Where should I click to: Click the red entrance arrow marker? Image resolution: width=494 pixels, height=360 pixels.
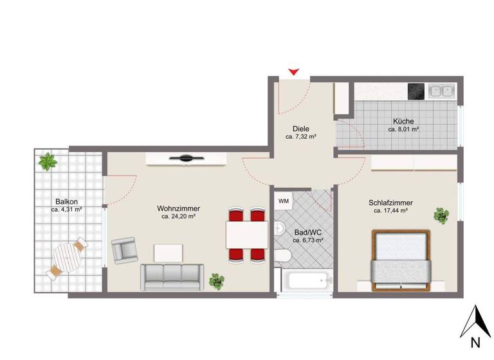click(x=294, y=71)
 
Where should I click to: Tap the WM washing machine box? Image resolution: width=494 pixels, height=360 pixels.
click(x=283, y=201)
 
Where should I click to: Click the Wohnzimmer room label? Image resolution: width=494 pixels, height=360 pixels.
click(x=178, y=209)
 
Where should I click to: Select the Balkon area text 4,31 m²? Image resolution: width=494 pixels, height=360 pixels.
click(x=68, y=210)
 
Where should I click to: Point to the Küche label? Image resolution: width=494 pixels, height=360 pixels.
click(x=403, y=121)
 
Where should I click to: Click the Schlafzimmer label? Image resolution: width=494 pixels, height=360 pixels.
click(x=390, y=203)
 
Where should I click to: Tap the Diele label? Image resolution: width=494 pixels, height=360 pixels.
click(x=300, y=129)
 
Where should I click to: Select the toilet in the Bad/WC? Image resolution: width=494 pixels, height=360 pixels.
click(x=282, y=256)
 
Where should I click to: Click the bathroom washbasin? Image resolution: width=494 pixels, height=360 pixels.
click(x=279, y=228)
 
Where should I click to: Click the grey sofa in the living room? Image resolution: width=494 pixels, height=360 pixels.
click(x=171, y=277)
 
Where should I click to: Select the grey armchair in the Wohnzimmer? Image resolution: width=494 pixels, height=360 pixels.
click(x=124, y=250)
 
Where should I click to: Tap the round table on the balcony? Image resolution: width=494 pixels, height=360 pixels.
click(x=66, y=258)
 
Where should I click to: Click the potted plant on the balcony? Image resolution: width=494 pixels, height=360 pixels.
click(x=47, y=161)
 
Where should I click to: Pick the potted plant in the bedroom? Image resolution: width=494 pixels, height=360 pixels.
click(x=441, y=215)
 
